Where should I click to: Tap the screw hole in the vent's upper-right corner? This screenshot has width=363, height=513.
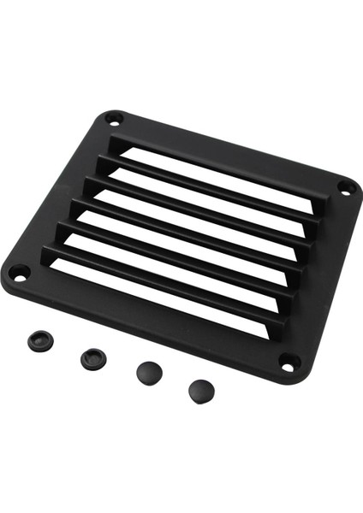[x=345, y=186]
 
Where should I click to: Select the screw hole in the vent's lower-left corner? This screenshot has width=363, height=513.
[x=16, y=273]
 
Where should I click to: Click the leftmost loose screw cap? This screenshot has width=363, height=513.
[x=38, y=339]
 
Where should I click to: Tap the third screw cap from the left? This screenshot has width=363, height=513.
[x=149, y=373]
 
